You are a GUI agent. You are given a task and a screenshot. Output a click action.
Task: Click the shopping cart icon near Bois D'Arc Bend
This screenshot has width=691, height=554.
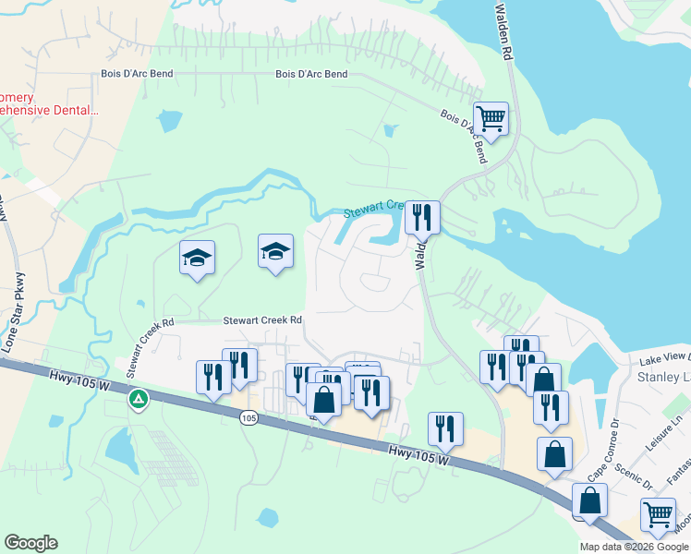click(491, 118)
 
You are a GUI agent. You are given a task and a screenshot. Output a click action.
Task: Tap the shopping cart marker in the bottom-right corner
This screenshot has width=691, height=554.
click(658, 514)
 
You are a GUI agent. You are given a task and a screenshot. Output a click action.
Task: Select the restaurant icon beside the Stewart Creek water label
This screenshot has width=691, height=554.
click(423, 217)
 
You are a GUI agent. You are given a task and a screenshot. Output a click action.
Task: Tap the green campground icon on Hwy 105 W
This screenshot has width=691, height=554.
click(138, 399)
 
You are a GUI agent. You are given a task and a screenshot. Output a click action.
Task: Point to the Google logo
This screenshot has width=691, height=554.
click(30, 543)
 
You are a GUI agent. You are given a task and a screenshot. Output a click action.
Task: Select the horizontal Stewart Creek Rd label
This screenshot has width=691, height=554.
click(263, 320)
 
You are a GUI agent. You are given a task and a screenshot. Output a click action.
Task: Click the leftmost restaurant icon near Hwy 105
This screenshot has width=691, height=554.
click(213, 377)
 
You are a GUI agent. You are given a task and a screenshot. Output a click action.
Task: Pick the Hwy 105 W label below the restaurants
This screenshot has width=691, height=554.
click(418, 452)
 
